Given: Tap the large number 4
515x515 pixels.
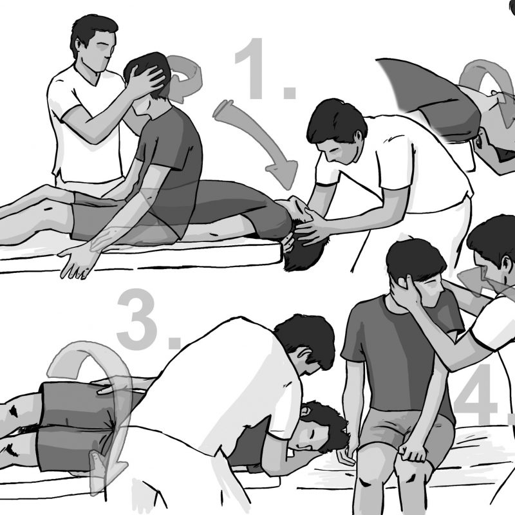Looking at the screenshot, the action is click(476, 394).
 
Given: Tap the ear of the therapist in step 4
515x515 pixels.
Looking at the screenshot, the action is click(508, 265).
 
